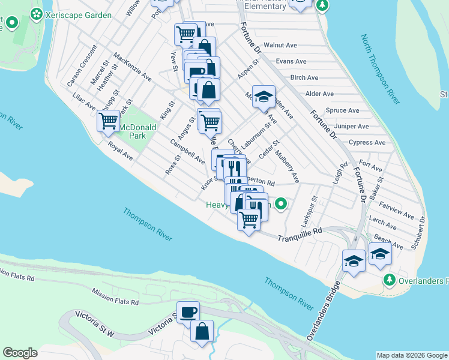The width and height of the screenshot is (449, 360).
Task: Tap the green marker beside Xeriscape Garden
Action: [36, 13]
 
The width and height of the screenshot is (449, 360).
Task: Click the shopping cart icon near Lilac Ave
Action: [108, 121]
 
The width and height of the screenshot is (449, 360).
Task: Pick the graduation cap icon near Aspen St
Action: [263, 97]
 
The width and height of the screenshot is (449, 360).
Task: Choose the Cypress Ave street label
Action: [367, 143]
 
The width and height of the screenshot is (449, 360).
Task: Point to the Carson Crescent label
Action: [82, 64]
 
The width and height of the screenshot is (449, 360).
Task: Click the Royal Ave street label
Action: [120, 151]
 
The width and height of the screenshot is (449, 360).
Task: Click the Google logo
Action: [20, 353]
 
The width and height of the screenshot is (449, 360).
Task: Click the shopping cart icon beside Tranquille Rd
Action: [249, 220]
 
